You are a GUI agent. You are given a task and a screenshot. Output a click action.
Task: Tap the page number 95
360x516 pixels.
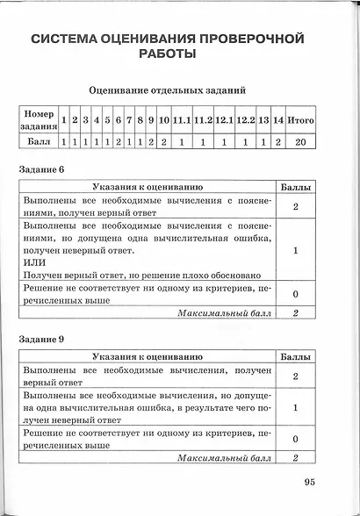(310, 480)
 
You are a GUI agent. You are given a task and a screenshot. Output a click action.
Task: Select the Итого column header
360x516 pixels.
(300, 119)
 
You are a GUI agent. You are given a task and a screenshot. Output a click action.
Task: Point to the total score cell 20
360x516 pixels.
(300, 140)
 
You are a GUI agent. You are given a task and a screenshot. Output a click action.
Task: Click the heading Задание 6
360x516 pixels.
(43, 167)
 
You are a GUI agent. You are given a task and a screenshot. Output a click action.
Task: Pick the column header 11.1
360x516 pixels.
(182, 119)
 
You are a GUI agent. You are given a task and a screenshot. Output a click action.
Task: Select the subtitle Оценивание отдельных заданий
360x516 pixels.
(167, 90)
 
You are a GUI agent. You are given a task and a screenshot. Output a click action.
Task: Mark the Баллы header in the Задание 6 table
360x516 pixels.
(295, 188)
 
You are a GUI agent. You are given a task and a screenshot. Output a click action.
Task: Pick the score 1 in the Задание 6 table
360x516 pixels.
(296, 250)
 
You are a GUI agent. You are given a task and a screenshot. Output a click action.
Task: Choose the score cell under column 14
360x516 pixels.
(278, 140)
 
